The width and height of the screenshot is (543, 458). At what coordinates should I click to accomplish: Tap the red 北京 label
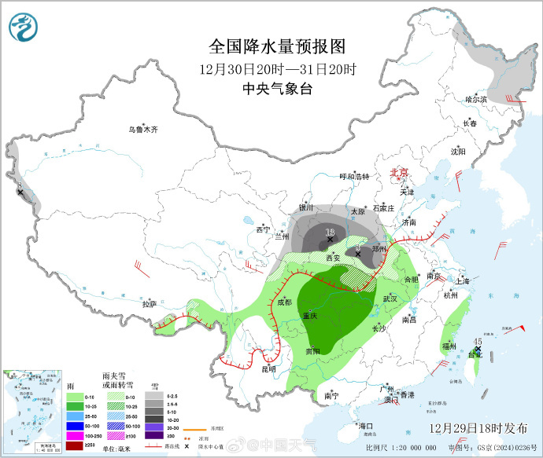[400, 172]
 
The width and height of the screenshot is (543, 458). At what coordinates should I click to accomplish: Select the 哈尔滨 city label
[476, 100]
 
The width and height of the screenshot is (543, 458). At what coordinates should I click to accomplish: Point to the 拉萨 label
[149, 303]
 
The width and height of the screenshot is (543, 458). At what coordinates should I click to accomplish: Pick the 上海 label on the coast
[461, 281]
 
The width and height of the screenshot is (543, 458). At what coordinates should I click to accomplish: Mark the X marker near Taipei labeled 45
[477, 352]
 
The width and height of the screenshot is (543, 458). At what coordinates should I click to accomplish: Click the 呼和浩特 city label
[354, 177]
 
